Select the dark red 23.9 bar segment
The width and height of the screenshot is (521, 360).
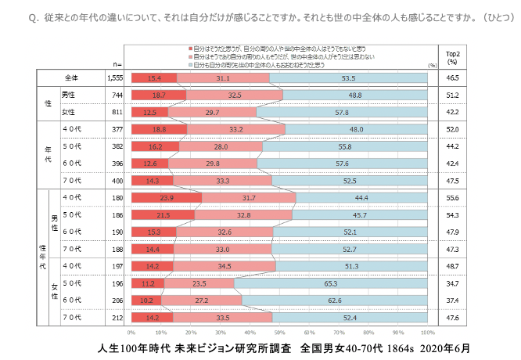point(166,196)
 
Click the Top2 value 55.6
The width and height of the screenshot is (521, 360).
point(451,196)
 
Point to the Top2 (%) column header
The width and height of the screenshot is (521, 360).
point(451,56)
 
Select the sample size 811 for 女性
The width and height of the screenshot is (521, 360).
point(116,112)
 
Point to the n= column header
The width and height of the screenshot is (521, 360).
point(117,63)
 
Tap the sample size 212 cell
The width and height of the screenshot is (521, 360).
point(116,317)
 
